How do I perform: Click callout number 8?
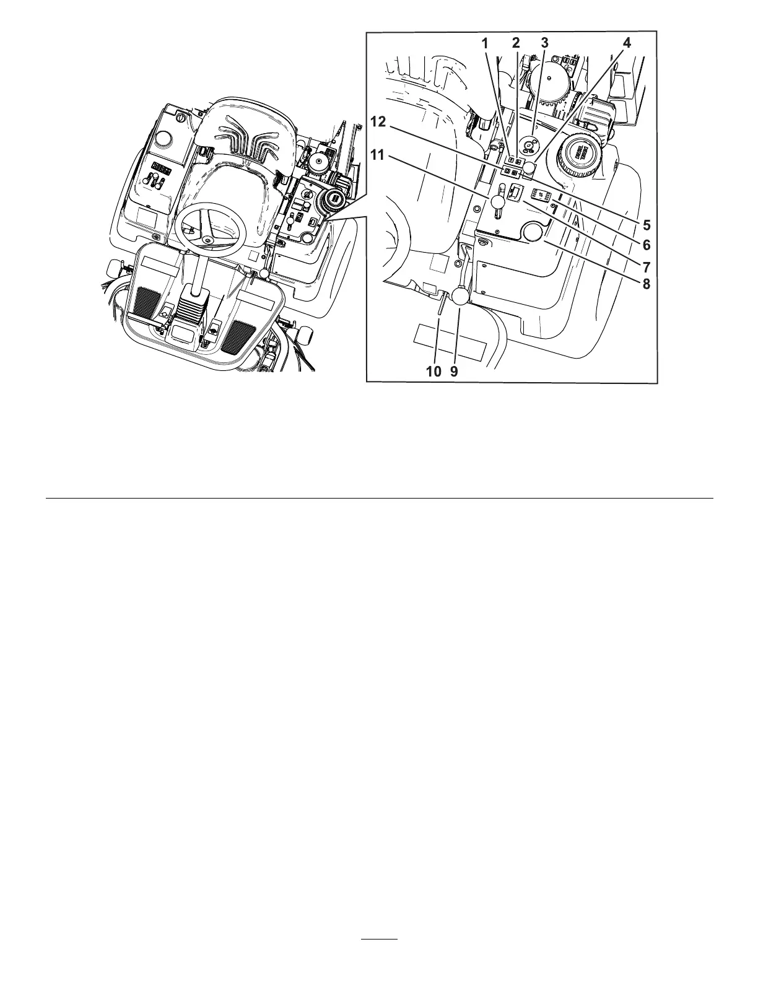tap(646, 284)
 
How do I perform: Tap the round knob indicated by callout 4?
tap(529, 168)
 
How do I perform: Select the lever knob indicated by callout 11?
tap(499, 203)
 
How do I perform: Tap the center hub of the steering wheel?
tap(207, 240)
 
